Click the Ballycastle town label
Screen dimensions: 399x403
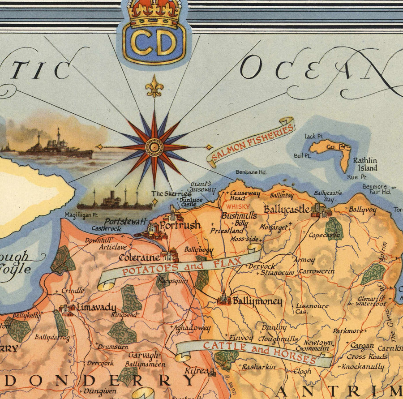click(x=286, y=209)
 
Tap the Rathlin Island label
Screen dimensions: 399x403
click(x=364, y=164)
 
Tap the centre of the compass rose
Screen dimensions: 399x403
click(x=154, y=147)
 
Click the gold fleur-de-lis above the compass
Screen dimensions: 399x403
click(x=154, y=86)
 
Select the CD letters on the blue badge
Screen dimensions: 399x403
click(x=154, y=43)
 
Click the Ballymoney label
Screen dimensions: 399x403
click(x=257, y=301)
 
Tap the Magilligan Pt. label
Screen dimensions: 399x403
click(x=81, y=215)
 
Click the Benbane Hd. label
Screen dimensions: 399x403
click(x=251, y=172)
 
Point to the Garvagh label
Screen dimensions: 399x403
click(x=143, y=355)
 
